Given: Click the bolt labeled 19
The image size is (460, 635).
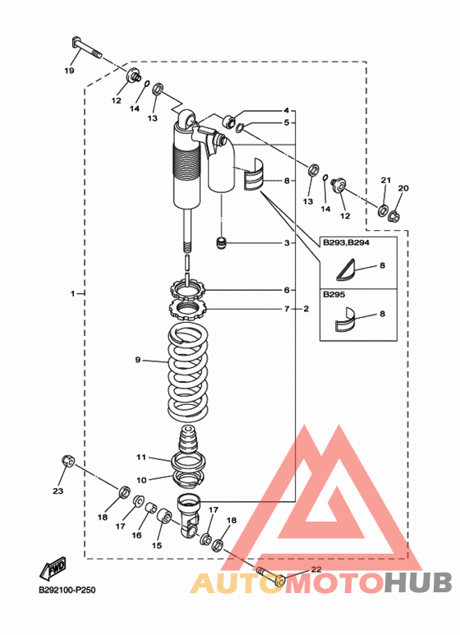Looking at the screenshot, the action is click(x=86, y=47).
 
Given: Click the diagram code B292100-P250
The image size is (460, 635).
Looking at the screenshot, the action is click(x=67, y=590).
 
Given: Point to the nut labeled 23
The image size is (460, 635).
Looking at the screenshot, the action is click(x=67, y=461).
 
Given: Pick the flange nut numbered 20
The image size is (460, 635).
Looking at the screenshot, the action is click(x=394, y=217).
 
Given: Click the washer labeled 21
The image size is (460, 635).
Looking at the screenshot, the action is click(x=382, y=210).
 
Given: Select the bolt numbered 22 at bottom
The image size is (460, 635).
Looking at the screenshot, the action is click(x=270, y=576).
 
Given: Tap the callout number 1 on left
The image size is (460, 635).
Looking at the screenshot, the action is click(x=73, y=293).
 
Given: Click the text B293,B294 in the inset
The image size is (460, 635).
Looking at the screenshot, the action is click(x=346, y=243).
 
